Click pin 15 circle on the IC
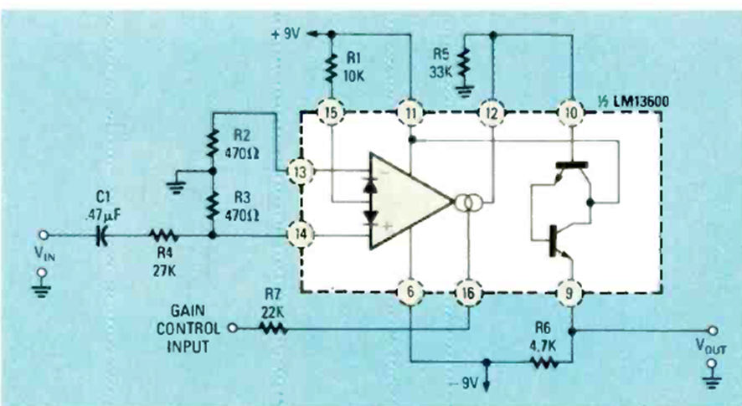point(332,111)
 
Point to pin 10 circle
point(571,111)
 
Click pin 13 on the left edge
point(301,172)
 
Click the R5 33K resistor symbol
point(466,64)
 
